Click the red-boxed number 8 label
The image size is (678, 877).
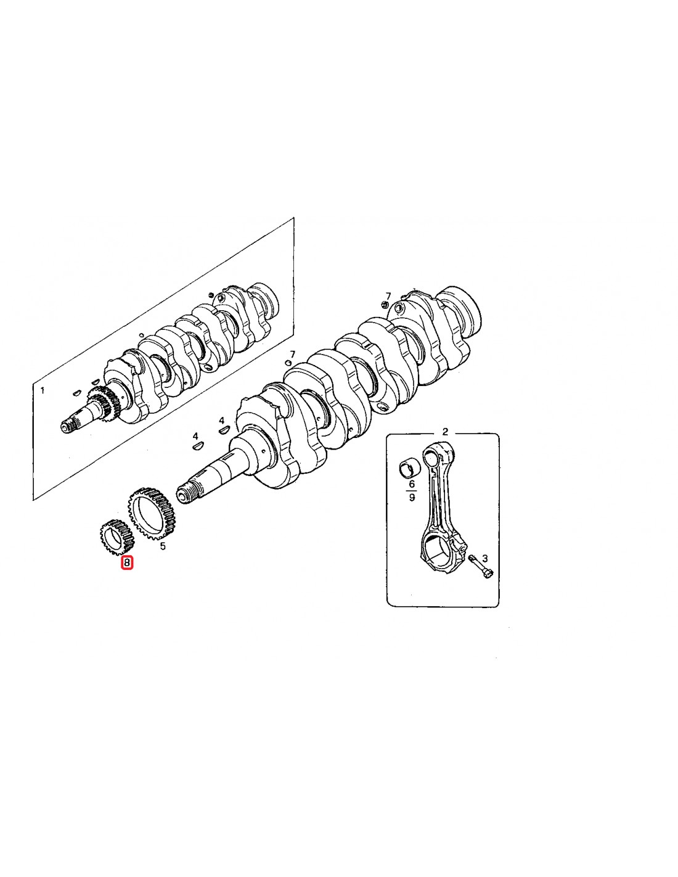(127, 562)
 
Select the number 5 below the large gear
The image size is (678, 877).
(163, 547)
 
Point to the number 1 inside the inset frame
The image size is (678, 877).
(43, 390)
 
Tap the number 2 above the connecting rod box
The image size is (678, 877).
(445, 432)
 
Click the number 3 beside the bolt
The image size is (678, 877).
(485, 558)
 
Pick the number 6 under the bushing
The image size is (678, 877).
(411, 484)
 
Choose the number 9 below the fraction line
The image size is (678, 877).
(411, 498)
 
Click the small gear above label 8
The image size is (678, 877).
(114, 537)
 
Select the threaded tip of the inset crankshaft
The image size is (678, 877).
(68, 427)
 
